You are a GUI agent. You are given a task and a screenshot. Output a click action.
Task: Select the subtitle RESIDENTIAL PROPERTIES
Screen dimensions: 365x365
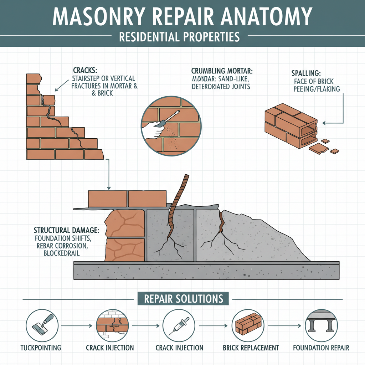tap(179, 36)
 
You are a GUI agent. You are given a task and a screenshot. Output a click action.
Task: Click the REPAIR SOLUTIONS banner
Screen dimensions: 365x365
tap(183, 298)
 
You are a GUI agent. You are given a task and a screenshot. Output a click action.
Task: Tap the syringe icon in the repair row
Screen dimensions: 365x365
tap(178, 325)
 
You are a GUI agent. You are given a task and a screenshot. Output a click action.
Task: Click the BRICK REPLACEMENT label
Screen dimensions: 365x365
tap(251, 348)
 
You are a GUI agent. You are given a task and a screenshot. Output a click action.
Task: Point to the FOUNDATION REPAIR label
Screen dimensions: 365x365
tap(321, 348)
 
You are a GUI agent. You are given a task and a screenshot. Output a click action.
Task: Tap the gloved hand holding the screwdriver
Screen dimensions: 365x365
tap(154, 129)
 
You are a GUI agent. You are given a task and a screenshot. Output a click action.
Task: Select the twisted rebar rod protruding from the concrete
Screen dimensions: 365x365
tap(178, 200)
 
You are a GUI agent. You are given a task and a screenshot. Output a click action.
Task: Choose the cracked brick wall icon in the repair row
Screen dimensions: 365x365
tap(110, 325)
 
